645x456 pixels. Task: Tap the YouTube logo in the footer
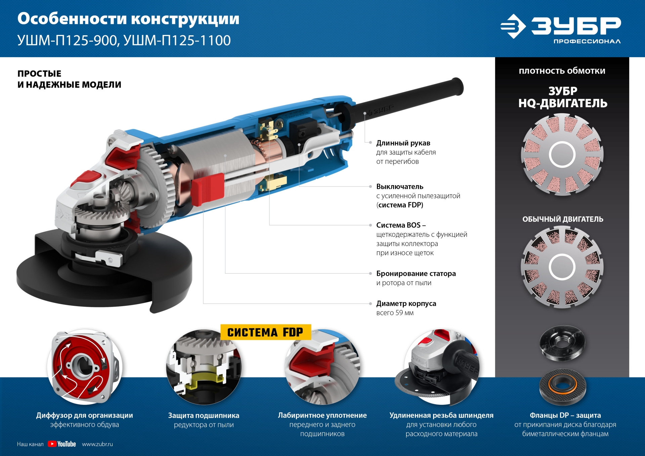62,444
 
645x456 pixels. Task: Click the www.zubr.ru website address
97,444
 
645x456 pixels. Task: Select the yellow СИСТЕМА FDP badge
265,332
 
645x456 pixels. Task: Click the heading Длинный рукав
403,143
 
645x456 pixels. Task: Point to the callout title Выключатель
399,186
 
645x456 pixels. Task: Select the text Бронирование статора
416,274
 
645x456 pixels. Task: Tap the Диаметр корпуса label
406,303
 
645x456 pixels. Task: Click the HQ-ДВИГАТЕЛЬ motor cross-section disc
562,155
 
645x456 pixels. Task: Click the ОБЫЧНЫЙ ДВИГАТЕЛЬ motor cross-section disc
562,267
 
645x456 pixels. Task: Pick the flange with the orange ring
562,386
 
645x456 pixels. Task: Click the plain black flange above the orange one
562,343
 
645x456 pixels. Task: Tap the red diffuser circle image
85,367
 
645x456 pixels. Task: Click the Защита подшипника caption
204,416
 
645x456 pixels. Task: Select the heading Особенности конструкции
128,19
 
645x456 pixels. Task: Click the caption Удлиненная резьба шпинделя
441,415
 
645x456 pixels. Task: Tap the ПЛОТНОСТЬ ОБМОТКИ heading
562,71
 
